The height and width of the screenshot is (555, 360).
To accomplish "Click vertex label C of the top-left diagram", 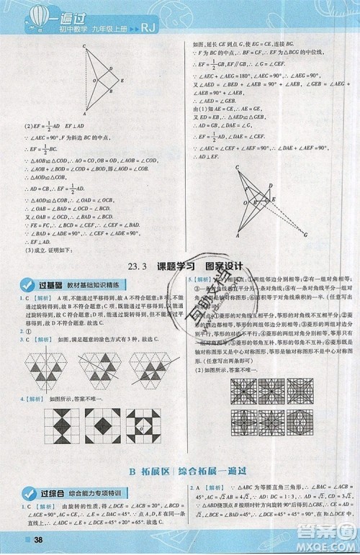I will (x=84, y=48).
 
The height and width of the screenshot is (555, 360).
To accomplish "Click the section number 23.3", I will (x=137, y=266).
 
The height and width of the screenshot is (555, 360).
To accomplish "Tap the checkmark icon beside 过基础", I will (x=27, y=285).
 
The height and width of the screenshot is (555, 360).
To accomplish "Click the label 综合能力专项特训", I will (x=94, y=493).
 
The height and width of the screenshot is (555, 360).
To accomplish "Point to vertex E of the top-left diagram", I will (x=122, y=81).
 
